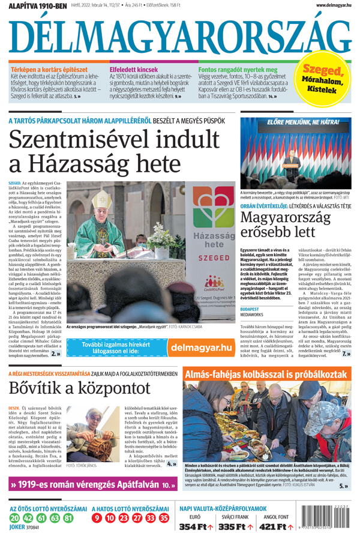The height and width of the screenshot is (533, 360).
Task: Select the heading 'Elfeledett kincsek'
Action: tap(134, 70)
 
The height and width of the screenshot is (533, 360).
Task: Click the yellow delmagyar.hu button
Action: tap(200, 348)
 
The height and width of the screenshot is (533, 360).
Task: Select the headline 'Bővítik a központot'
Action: tap(79, 388)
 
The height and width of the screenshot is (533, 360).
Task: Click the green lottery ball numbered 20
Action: tap(14, 518)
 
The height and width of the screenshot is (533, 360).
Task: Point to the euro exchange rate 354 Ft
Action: tap(194, 526)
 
